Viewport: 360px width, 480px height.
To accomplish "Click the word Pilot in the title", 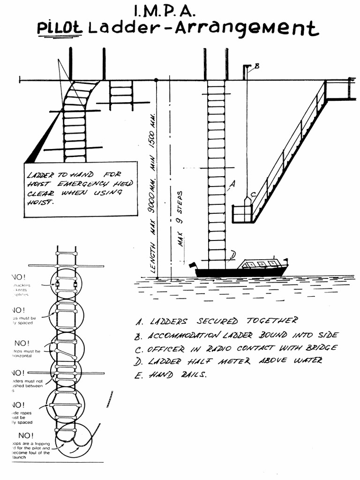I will tap(60, 28).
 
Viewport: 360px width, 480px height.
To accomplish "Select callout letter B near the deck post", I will tap(256, 66).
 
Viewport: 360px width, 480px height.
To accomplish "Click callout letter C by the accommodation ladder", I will tap(253, 195).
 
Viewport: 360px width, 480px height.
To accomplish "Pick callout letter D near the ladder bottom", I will tap(232, 255).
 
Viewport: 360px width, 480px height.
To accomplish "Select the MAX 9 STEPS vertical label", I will tap(181, 218).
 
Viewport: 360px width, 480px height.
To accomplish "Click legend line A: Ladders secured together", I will tap(216, 321).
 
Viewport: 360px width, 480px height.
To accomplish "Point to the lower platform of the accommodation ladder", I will tap(242, 214).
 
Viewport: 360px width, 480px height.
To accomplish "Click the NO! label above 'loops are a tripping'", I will tap(26, 435).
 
